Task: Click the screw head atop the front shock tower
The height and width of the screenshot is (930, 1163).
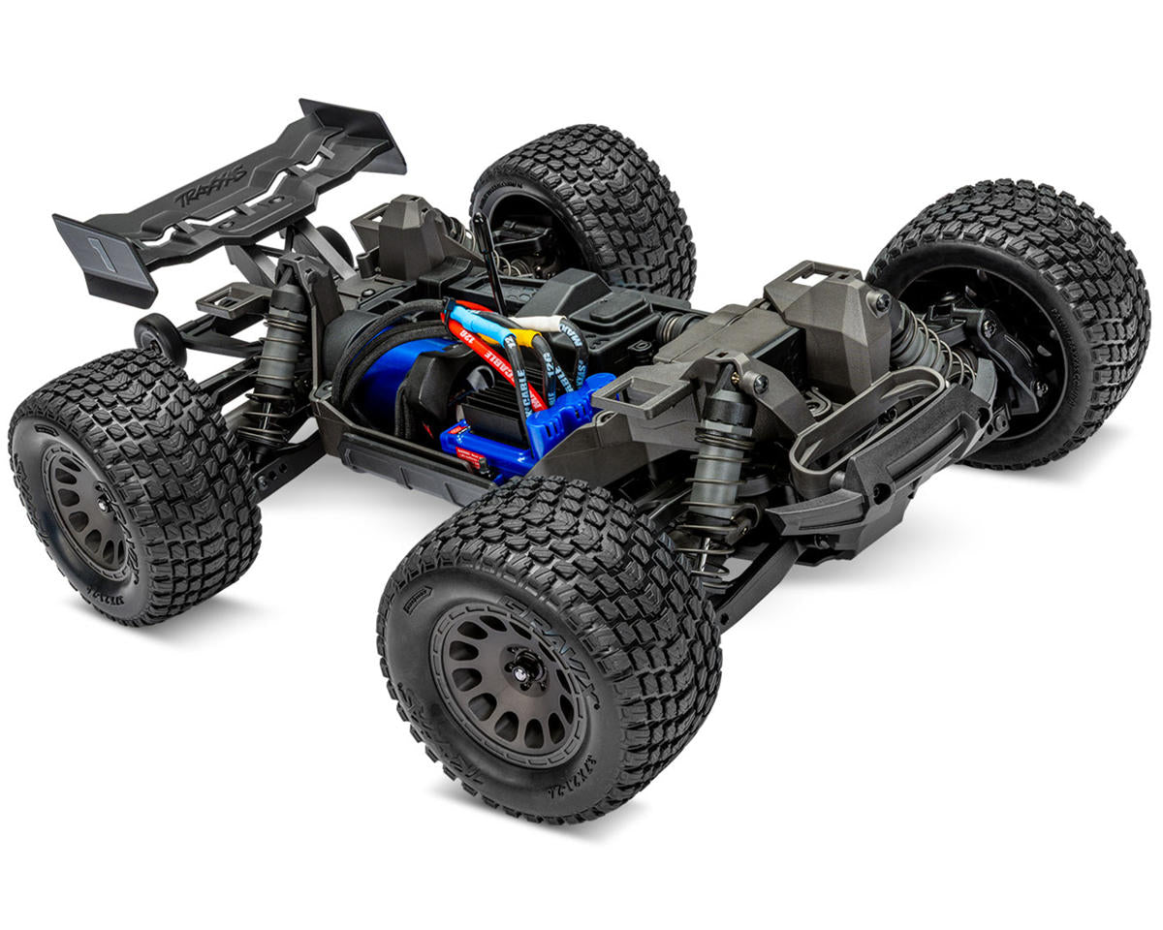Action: point(880,301)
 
